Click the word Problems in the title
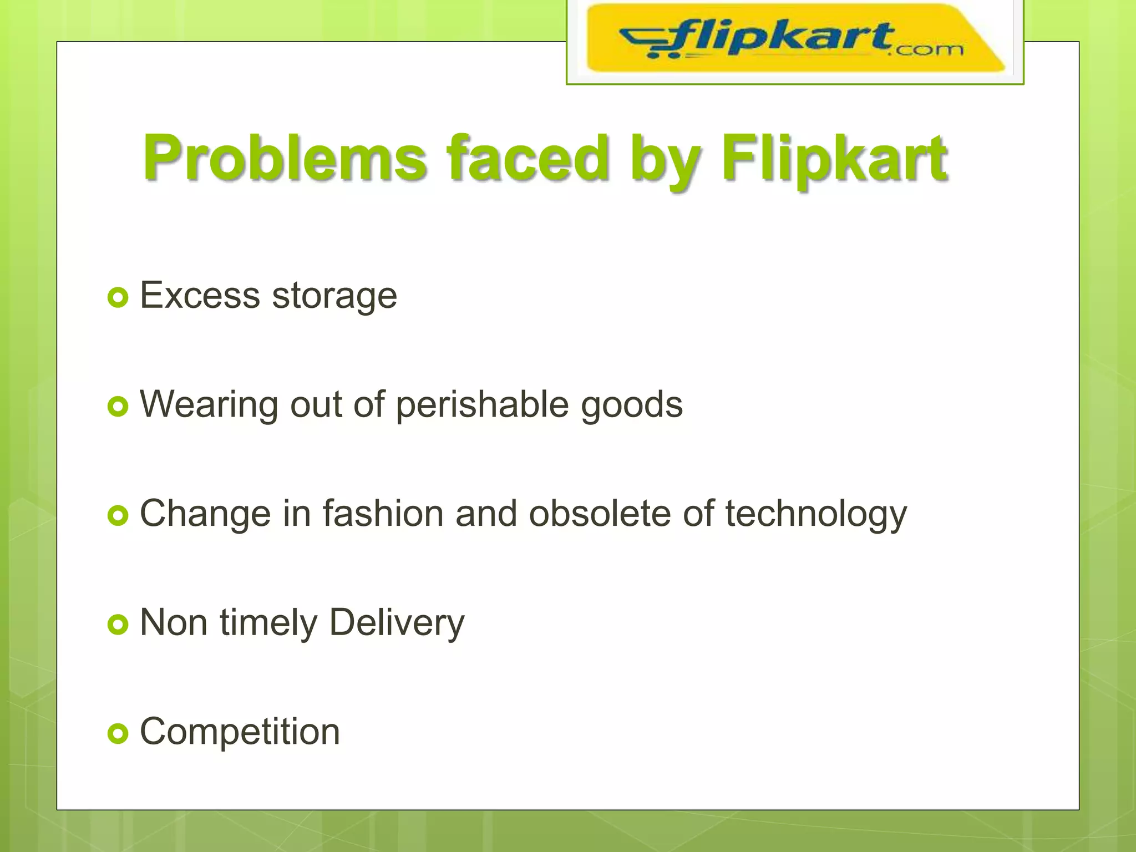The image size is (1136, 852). pos(285,159)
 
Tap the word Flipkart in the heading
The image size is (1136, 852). pos(834,159)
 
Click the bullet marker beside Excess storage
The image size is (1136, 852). pos(118,298)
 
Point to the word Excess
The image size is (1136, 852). pos(200,295)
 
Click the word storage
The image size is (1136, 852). pos(334,296)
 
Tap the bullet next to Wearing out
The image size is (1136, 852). pos(118,407)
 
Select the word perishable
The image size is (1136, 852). pos(482,405)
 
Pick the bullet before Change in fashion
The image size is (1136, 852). pos(118,516)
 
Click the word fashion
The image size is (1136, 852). pos(383,514)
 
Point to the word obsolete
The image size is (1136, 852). pos(600,514)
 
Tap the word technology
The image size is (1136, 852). pos(816,515)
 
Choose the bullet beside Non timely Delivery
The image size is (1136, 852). pos(118,625)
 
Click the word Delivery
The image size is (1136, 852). pos(397,623)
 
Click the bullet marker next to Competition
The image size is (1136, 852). pos(118,734)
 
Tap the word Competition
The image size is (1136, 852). pos(240,732)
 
